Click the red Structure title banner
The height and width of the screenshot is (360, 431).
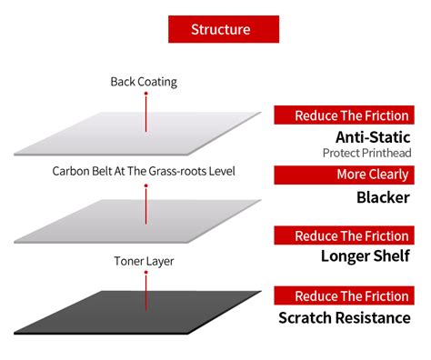click(221, 29)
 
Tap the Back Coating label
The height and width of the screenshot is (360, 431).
click(144, 82)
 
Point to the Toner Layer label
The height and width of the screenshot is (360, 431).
click(144, 261)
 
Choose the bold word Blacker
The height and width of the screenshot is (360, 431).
click(384, 197)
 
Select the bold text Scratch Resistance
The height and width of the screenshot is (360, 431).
click(344, 317)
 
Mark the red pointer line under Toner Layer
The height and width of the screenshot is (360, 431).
click(145, 290)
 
